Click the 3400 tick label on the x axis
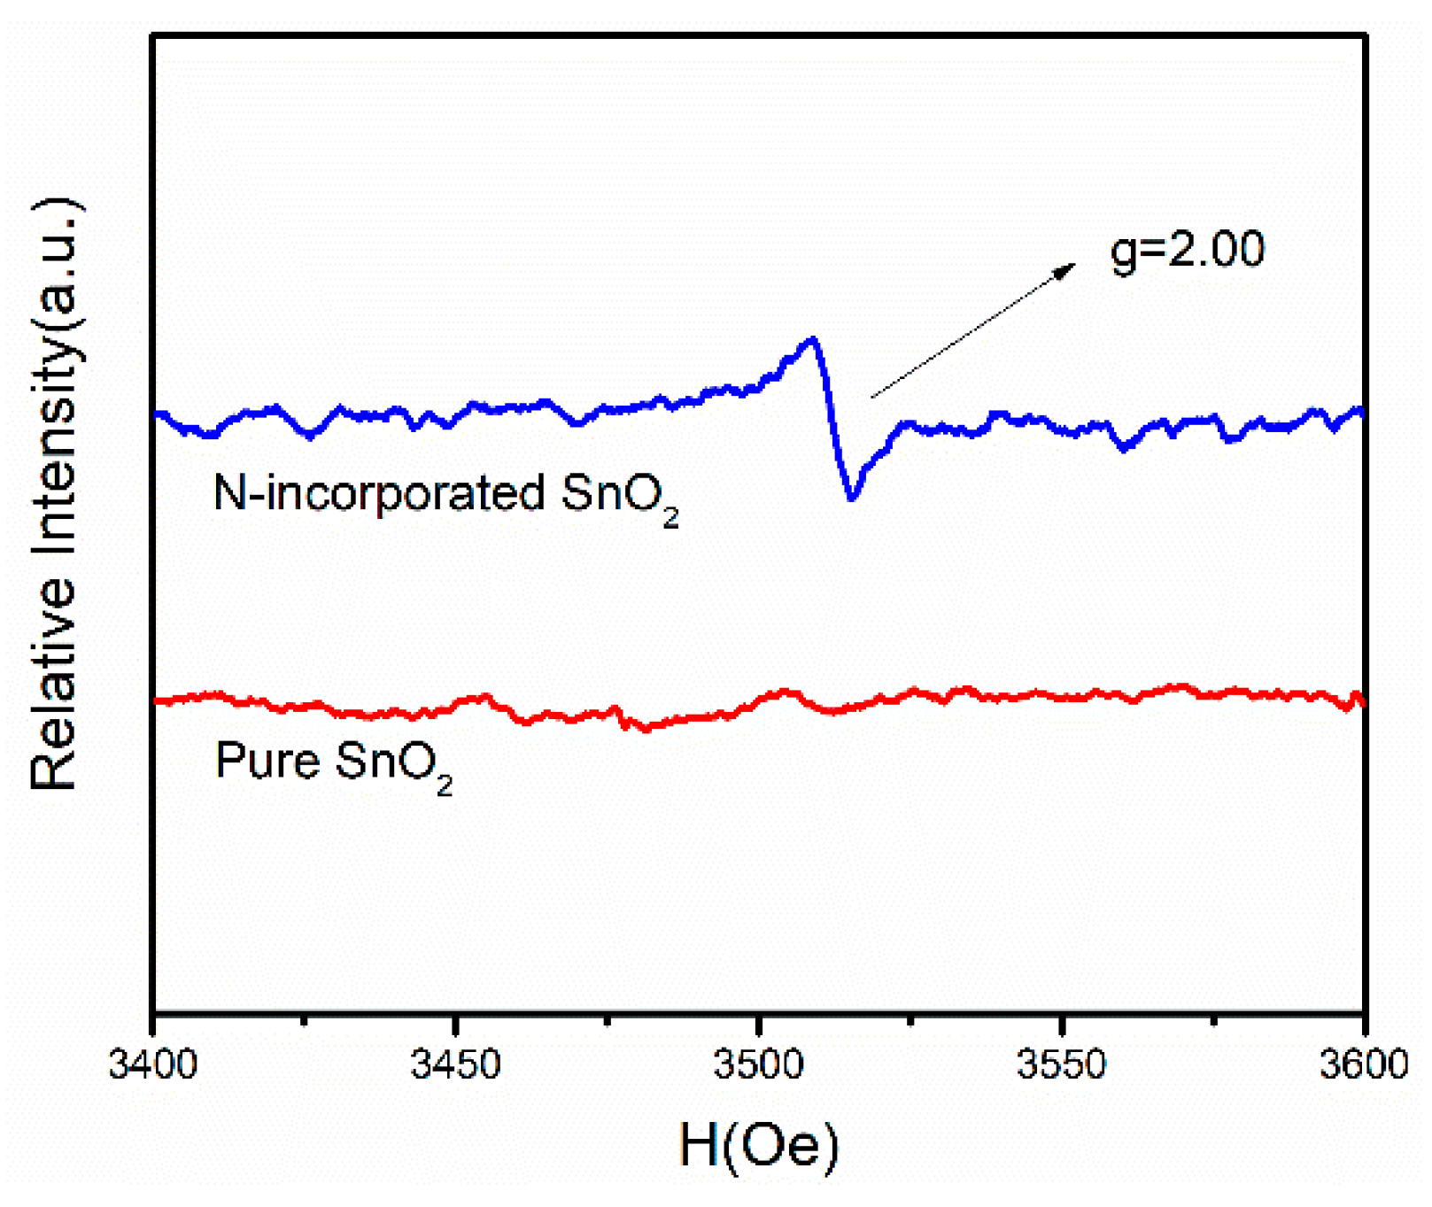pyautogui.click(x=152, y=1064)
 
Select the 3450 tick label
pyautogui.click(x=455, y=1064)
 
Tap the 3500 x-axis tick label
pyautogui.click(x=758, y=1064)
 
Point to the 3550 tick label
pyautogui.click(x=1061, y=1064)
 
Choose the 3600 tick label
pyautogui.click(x=1363, y=1064)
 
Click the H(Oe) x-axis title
pyautogui.click(x=759, y=1145)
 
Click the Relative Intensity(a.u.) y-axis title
pyautogui.click(x=55, y=494)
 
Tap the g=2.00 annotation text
pyautogui.click(x=1187, y=250)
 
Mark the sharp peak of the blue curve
pyautogui.click(x=812, y=339)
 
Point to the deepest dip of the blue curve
pyautogui.click(x=852, y=498)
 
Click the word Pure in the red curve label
pyautogui.click(x=267, y=760)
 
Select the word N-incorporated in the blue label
pyautogui.click(x=379, y=493)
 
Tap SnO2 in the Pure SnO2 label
pyautogui.click(x=393, y=762)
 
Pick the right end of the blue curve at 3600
pyautogui.click(x=1361, y=411)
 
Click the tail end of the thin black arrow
pyautogui.click(x=872, y=398)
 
